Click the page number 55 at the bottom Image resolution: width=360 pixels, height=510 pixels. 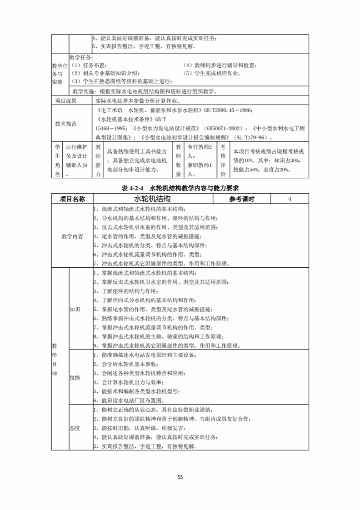pyautogui.click(x=180, y=477)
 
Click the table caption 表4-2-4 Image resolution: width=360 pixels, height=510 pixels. pyautogui.click(x=132, y=188)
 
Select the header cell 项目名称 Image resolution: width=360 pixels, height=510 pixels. pyautogui.click(x=72, y=199)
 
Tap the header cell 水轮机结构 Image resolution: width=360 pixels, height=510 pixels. pyautogui.click(x=152, y=199)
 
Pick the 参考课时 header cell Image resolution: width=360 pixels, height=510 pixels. pyautogui.click(x=242, y=199)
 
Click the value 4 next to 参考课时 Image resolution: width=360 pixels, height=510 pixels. pyautogui.click(x=290, y=199)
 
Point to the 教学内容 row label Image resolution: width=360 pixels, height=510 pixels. pyautogui.click(x=72, y=236)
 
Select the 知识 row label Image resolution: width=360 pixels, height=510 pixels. pyautogui.click(x=75, y=309)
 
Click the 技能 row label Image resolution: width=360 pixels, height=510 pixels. pyautogui.click(x=75, y=378)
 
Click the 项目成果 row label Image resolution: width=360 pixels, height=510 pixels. pyautogui.click(x=66, y=101)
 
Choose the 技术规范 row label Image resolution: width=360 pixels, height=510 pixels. pyautogui.click(x=66, y=124)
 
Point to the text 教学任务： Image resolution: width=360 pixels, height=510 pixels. pyautogui.click(x=82, y=58)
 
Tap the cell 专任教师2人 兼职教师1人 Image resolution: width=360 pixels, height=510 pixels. pyautogui.click(x=200, y=160)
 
